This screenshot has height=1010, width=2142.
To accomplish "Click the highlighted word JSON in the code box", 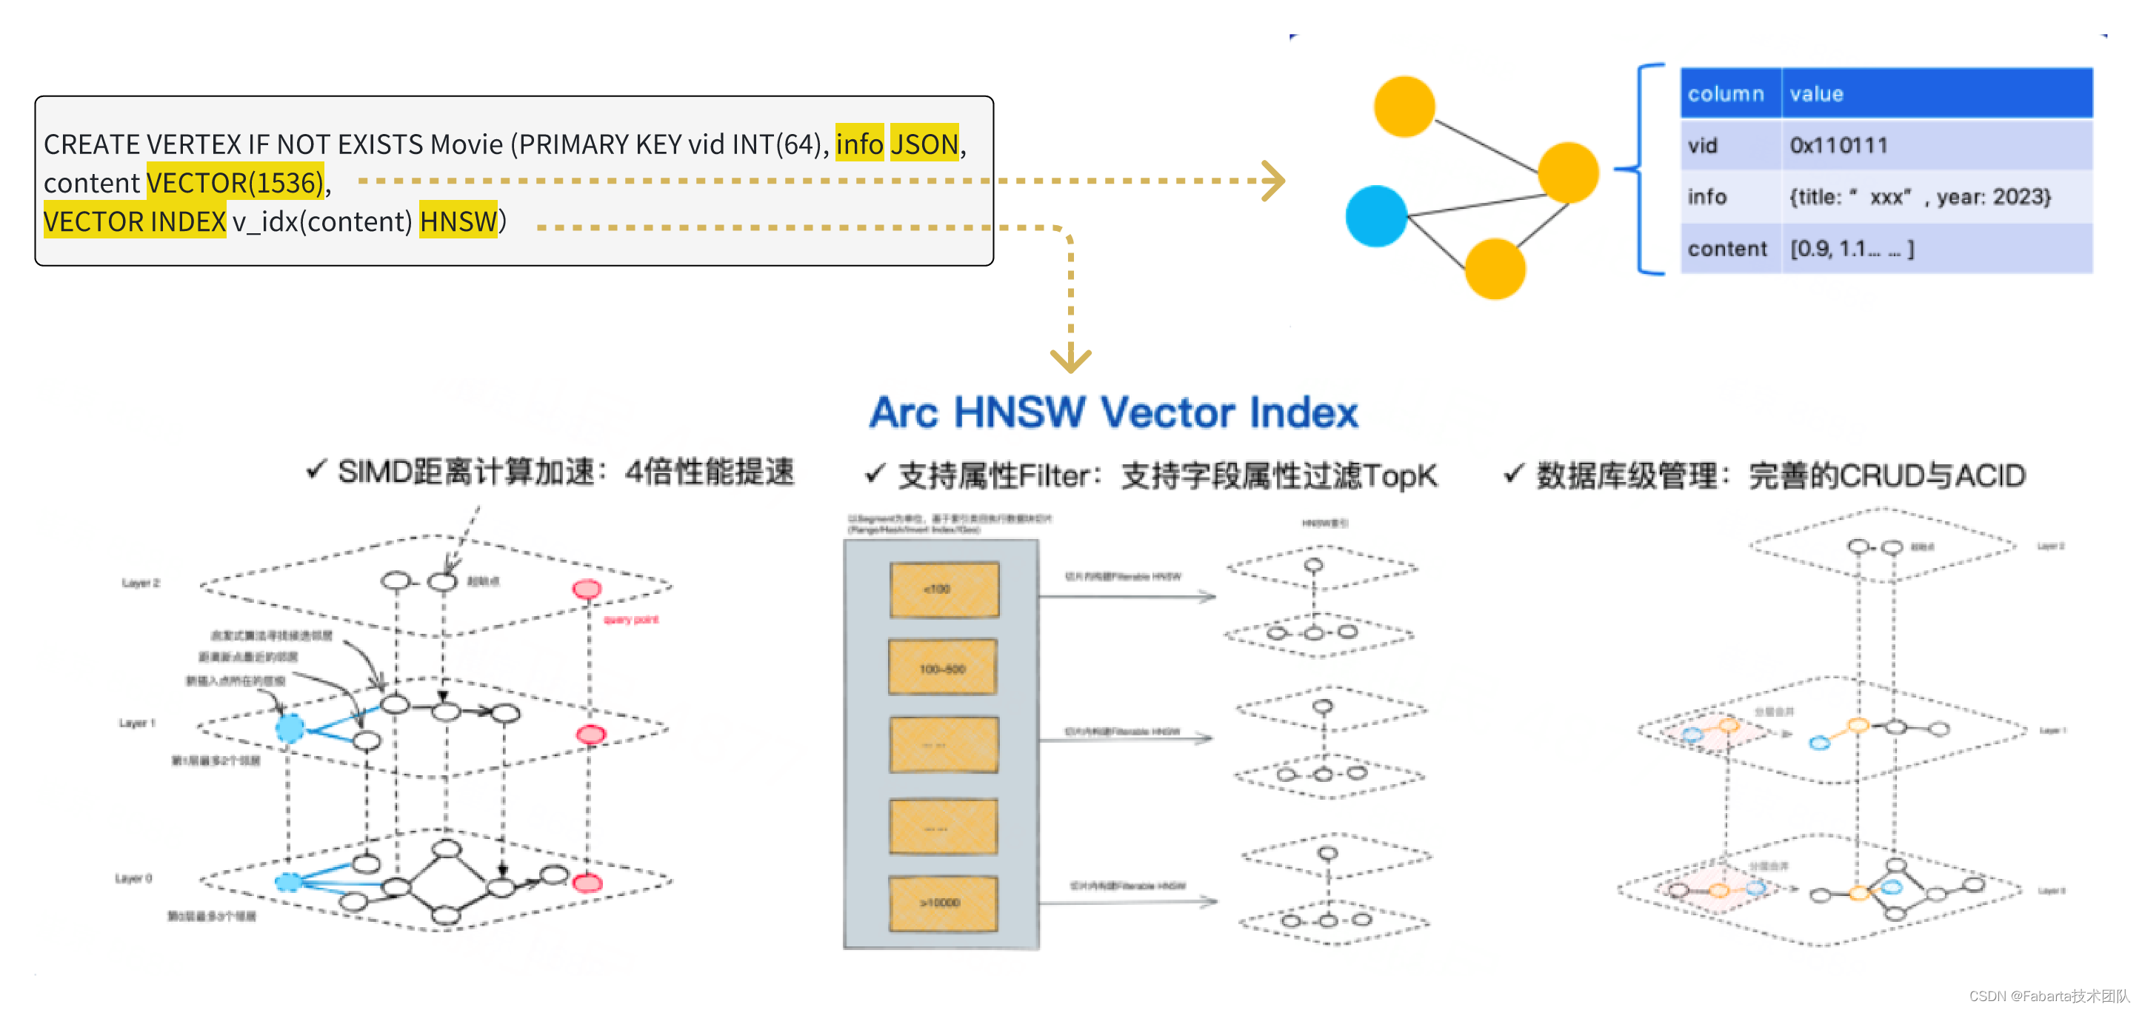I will tap(924, 144).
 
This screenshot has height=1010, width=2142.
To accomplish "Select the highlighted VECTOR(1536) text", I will tap(235, 183).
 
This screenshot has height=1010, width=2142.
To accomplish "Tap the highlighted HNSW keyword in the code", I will tap(457, 222).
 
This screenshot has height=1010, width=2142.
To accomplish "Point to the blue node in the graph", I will tap(1375, 216).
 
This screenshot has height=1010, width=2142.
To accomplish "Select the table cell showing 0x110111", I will tap(1838, 145).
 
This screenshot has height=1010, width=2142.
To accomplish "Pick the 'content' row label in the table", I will tap(1726, 249).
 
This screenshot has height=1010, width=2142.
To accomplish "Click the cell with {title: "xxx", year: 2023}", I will tap(1919, 197).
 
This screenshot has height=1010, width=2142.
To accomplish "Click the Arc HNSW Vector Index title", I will tap(1113, 412).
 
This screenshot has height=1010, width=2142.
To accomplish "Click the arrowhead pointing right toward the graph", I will tap(1272, 181).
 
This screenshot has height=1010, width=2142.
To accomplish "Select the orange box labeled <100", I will tap(944, 589).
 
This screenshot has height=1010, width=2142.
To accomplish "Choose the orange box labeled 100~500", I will tap(943, 669).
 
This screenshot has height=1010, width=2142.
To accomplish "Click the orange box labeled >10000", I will tap(943, 902).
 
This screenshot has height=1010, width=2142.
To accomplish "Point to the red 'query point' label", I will tap(630, 619).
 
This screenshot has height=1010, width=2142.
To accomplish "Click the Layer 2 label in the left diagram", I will tap(141, 583).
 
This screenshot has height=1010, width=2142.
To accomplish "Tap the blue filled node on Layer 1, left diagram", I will tap(290, 728).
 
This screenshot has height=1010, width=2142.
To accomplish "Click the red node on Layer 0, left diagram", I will tap(587, 883).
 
